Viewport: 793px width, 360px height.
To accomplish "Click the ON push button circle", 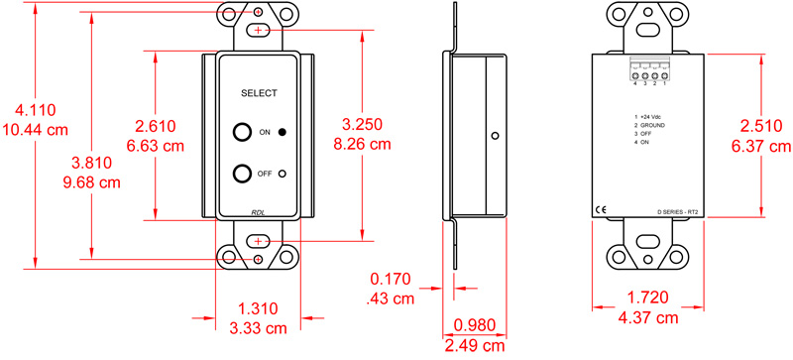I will coord(242,132).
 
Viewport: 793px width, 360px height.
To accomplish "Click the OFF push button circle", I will coord(242,174).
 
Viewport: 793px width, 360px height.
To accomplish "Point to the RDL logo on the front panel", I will coord(258,212).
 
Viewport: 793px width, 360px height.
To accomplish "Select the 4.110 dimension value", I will coord(30,113).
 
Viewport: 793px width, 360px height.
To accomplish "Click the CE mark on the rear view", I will coord(601,209).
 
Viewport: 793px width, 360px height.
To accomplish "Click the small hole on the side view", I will coord(497,138).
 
